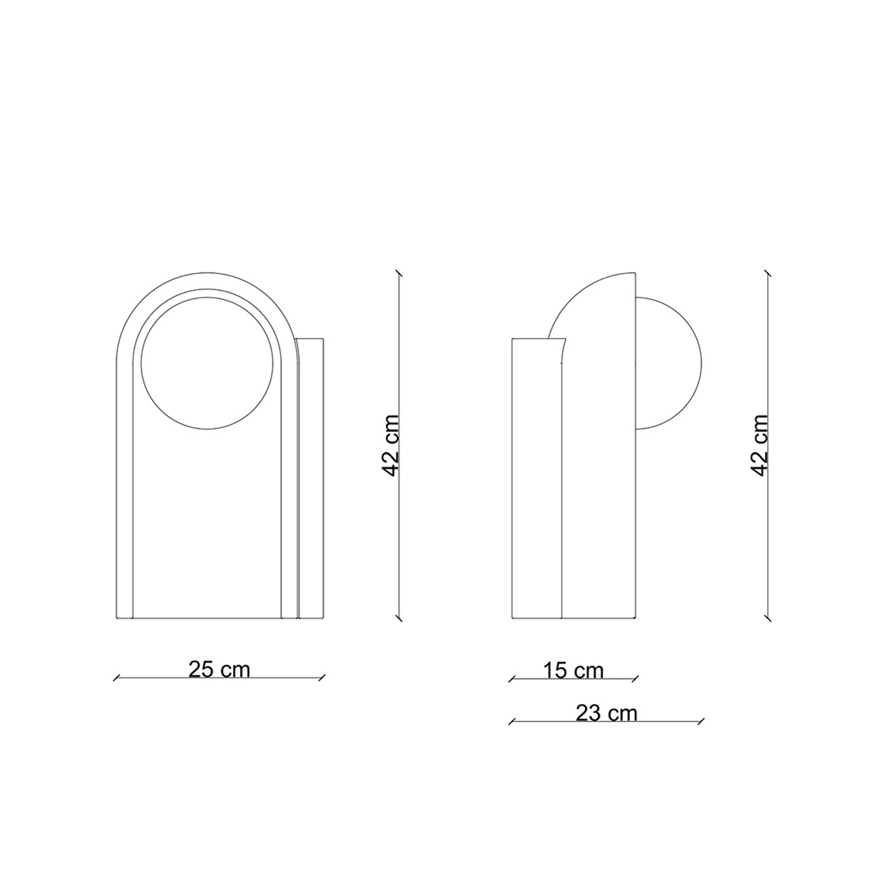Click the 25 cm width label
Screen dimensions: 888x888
219,670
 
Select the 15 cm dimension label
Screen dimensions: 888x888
573,671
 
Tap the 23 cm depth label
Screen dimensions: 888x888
606,713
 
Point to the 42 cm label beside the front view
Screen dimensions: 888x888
392,445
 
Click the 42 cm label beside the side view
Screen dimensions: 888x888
760,445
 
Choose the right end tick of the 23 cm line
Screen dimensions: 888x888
701,722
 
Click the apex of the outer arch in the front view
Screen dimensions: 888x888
207,273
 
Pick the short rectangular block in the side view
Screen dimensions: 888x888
536,480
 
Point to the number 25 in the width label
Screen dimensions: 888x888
201,670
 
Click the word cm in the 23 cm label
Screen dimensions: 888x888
623,713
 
